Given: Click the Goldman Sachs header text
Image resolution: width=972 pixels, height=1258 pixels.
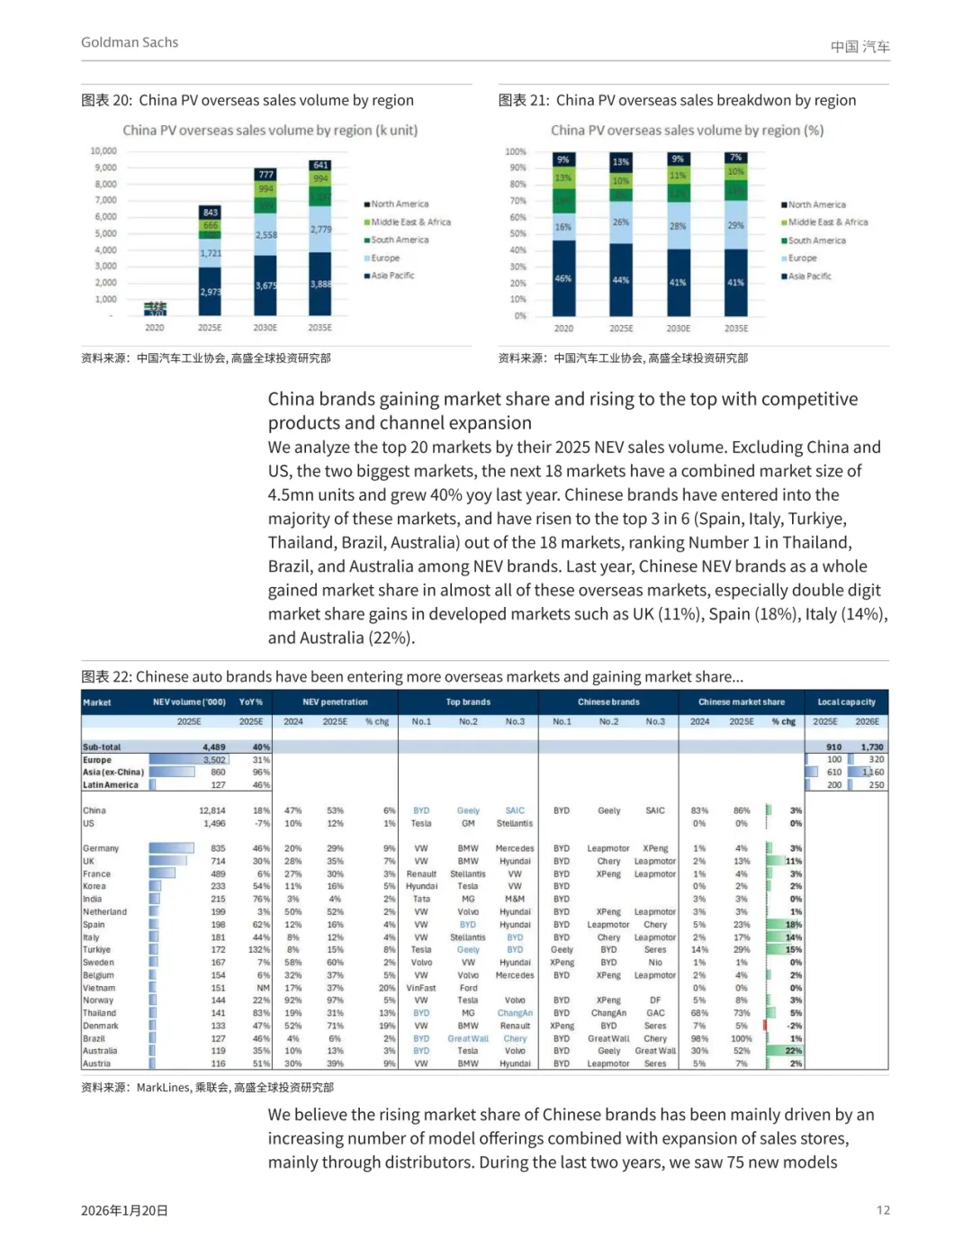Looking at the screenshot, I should [130, 42].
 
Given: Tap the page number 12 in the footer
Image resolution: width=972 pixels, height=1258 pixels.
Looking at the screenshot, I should [883, 1210].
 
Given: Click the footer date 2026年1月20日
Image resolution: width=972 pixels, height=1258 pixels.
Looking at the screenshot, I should [124, 1210].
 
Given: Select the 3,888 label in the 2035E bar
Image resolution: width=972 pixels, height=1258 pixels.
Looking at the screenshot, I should [320, 284].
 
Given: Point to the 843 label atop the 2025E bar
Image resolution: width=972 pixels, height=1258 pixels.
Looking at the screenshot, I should [211, 213].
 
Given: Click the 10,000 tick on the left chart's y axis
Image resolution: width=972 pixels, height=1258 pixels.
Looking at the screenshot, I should [103, 151].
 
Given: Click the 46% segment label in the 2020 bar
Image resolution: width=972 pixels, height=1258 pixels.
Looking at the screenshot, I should [563, 279].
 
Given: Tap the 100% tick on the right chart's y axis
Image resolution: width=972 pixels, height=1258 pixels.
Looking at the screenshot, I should [516, 152].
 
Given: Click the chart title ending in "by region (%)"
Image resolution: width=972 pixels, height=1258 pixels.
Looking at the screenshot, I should [687, 131].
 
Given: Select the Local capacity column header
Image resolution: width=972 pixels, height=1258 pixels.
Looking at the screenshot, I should [846, 702].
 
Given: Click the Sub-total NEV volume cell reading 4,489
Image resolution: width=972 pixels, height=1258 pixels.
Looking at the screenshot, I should [214, 747].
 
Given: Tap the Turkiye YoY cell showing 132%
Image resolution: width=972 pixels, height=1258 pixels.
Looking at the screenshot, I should [260, 950].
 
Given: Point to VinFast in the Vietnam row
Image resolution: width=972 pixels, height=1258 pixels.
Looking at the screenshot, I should [420, 988].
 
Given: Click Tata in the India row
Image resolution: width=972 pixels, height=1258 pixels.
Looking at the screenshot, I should [421, 899].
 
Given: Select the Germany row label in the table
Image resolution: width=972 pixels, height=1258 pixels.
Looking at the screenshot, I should [101, 848].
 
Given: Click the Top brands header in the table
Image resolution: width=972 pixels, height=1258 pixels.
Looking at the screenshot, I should [468, 702].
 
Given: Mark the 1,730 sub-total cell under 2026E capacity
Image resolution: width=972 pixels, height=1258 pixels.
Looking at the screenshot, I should [871, 747].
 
